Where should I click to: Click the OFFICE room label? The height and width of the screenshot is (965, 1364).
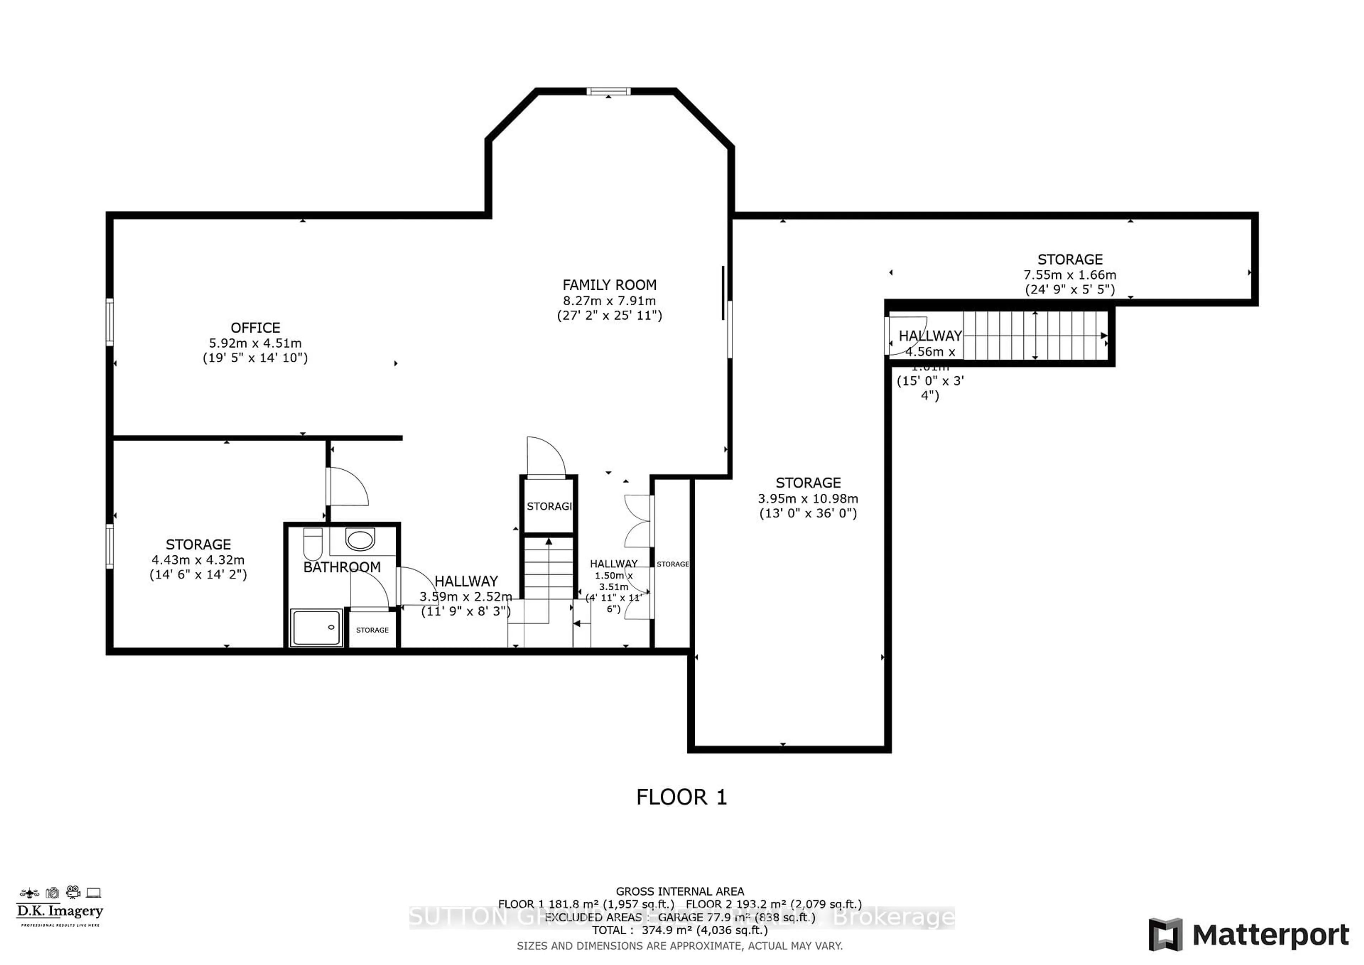255,328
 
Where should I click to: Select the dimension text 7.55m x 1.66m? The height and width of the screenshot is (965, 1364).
1069,275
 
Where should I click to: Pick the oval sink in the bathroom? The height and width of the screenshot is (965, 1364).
360,540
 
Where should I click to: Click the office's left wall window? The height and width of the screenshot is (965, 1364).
110,322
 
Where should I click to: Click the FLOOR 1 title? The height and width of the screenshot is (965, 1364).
681,797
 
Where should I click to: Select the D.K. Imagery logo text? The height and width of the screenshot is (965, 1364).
59,911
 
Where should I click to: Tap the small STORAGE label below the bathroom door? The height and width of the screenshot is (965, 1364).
373,630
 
